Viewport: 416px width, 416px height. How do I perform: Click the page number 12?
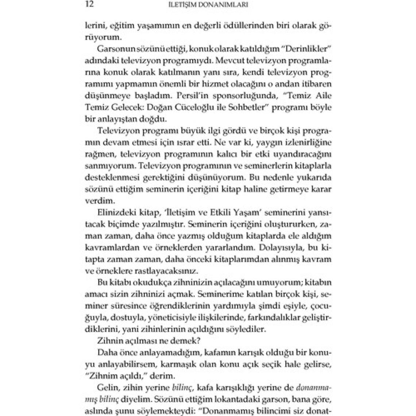(89, 5)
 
